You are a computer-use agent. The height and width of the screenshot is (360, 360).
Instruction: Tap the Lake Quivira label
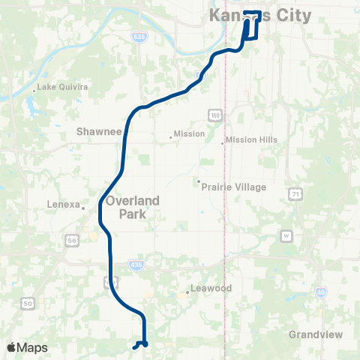click(64, 87)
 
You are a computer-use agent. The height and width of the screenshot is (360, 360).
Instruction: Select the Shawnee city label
click(99, 131)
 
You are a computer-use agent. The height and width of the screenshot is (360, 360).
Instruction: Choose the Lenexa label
click(64, 203)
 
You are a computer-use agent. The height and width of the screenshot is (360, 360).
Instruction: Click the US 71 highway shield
click(293, 193)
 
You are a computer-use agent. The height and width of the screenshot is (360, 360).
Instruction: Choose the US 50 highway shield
click(28, 303)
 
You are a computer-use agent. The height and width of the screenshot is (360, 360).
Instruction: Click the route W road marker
click(286, 235)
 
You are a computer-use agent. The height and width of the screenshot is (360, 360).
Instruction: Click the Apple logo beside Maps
click(11, 347)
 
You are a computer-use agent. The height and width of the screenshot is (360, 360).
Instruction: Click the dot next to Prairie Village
click(198, 181)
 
